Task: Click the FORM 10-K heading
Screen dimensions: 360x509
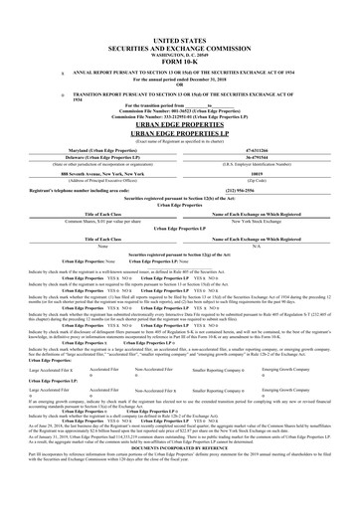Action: coord(180,54)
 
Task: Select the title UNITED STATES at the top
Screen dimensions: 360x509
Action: coord(180,33)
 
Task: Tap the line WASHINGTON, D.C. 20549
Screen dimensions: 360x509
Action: coord(180,47)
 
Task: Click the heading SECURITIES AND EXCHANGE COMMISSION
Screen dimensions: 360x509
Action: coord(180,40)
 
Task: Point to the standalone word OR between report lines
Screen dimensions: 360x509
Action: coord(180,84)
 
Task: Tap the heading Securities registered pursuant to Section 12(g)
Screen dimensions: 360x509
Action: coord(180,255)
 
